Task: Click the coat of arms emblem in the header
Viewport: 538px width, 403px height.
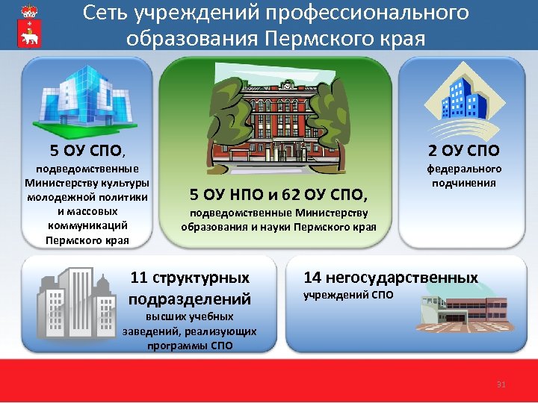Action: [31, 25]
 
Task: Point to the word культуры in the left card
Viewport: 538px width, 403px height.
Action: [124, 183]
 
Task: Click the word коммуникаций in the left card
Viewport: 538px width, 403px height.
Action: [87, 225]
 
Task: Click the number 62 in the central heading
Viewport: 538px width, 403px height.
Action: [291, 196]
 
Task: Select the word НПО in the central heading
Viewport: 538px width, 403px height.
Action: [240, 196]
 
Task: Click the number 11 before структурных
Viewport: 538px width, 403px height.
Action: [139, 278]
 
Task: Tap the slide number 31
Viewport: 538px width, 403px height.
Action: [501, 384]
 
